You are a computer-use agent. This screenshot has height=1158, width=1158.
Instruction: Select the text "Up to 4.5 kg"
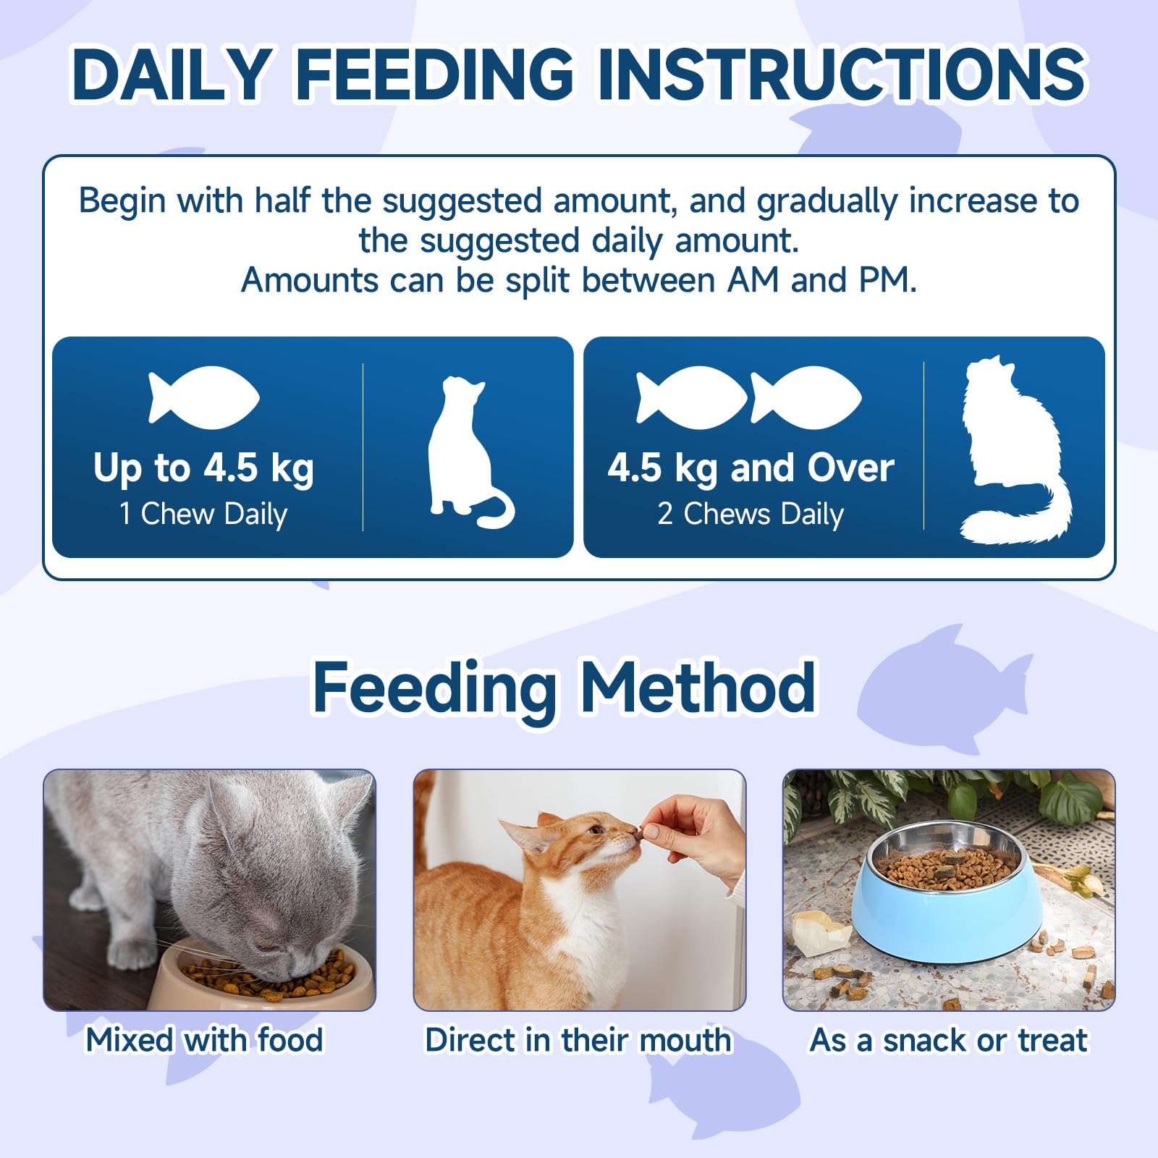pyautogui.click(x=203, y=468)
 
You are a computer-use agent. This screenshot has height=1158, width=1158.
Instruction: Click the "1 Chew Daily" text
pyautogui.click(x=203, y=514)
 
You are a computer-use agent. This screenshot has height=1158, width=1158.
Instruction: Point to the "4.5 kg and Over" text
pyautogui.click(x=751, y=468)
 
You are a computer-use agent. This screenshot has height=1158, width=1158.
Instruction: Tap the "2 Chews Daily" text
pyautogui.click(x=751, y=514)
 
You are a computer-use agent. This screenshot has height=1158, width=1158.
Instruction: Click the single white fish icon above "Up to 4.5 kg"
pyautogui.click(x=203, y=397)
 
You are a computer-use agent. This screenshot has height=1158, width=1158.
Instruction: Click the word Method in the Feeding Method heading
pyautogui.click(x=698, y=688)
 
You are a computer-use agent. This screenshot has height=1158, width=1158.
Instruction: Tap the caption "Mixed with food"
pyautogui.click(x=204, y=1040)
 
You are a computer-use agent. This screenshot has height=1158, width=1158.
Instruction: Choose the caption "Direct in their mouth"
pyautogui.click(x=578, y=1040)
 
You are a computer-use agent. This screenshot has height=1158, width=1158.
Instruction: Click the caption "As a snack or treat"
pyautogui.click(x=949, y=1040)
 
